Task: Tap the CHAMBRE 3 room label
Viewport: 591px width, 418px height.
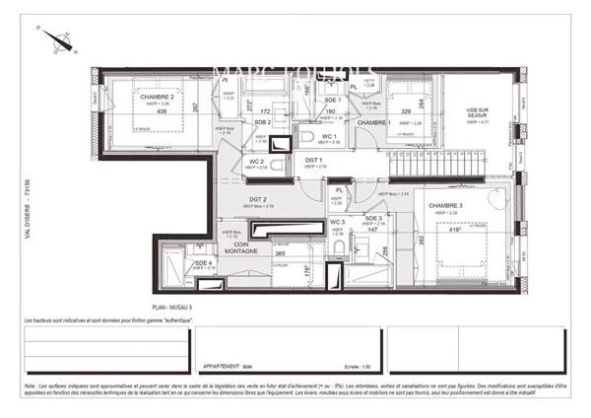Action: click(446, 204)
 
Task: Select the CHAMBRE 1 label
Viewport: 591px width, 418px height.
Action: click(375, 122)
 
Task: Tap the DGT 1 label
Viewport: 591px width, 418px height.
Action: click(314, 160)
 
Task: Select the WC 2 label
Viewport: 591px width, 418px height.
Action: click(255, 161)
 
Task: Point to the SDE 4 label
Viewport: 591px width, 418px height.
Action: click(202, 263)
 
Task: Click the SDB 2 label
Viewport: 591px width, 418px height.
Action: click(262, 121)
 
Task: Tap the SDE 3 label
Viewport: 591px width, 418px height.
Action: click(373, 218)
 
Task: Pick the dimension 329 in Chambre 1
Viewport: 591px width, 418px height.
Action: click(405, 112)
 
